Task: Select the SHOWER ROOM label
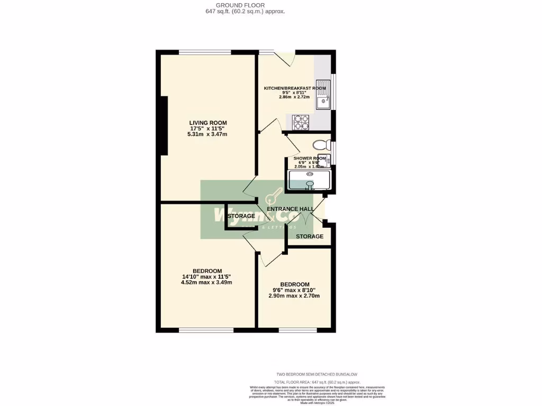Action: (310, 158)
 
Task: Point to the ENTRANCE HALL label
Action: (291, 209)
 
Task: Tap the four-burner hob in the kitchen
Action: (301, 123)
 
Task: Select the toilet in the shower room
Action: (320, 145)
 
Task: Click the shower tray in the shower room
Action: (308, 180)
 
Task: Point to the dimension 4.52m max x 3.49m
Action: (206, 282)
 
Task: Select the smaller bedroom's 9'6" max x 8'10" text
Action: (294, 290)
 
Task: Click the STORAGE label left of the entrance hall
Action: (241, 216)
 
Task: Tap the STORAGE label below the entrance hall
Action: (310, 236)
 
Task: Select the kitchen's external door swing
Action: (285, 58)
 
